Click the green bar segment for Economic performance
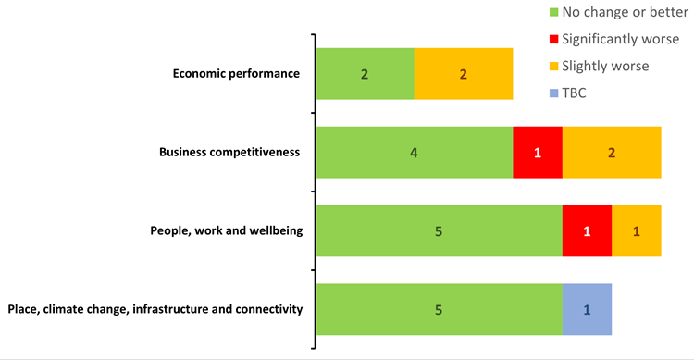pyautogui.click(x=365, y=74)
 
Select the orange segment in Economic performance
pyautogui.click(x=463, y=74)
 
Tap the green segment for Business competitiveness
pyautogui.click(x=414, y=152)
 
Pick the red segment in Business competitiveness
pyautogui.click(x=538, y=152)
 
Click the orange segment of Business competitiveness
pyautogui.click(x=612, y=152)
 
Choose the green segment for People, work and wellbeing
pyautogui.click(x=439, y=230)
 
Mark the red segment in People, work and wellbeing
pyautogui.click(x=587, y=230)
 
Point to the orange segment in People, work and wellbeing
pyautogui.click(x=637, y=230)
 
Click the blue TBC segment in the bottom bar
pyautogui.click(x=587, y=309)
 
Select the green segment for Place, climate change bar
pyautogui.click(x=439, y=309)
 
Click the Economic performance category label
pyautogui.click(x=236, y=74)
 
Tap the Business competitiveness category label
pyautogui.click(x=229, y=152)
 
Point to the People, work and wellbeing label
pyautogui.click(x=226, y=230)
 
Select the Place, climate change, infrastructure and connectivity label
pyautogui.click(x=155, y=309)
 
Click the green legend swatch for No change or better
pyautogui.click(x=554, y=12)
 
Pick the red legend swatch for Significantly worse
pyautogui.click(x=554, y=39)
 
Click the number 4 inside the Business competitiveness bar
pyautogui.click(x=414, y=152)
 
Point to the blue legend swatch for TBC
pyautogui.click(x=554, y=93)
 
